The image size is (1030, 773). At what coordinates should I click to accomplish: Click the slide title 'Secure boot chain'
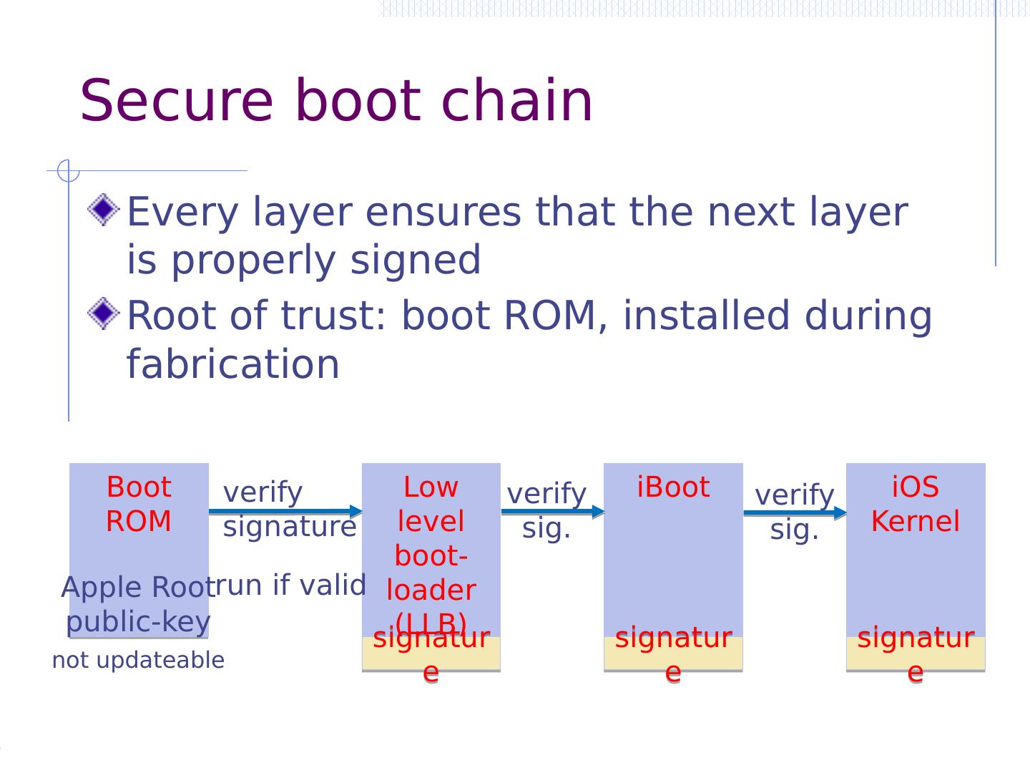tap(336, 101)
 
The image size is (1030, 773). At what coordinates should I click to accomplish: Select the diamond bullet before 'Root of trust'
tap(104, 313)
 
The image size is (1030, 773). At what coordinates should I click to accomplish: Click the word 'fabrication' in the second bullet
tap(233, 364)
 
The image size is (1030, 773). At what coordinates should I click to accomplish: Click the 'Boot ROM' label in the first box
tap(139, 504)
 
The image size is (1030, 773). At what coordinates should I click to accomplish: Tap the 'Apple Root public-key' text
tap(138, 605)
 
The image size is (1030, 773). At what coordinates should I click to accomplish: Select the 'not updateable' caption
tap(138, 660)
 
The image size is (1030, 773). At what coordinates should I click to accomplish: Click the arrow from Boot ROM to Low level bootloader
tap(285, 511)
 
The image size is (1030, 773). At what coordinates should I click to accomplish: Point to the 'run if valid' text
tap(290, 585)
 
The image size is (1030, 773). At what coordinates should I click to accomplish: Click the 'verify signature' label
tap(289, 509)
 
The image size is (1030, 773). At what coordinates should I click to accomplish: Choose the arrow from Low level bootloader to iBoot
tap(552, 511)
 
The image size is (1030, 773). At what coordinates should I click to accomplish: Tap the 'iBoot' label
tap(673, 487)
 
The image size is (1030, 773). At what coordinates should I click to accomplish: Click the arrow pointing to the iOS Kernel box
tap(795, 512)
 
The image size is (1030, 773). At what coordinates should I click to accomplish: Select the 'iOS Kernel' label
tap(915, 504)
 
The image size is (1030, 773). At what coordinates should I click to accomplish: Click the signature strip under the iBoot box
tap(673, 653)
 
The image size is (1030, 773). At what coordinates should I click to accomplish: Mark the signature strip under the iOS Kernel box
tap(916, 653)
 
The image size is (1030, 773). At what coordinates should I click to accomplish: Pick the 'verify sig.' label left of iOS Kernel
tap(795, 512)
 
